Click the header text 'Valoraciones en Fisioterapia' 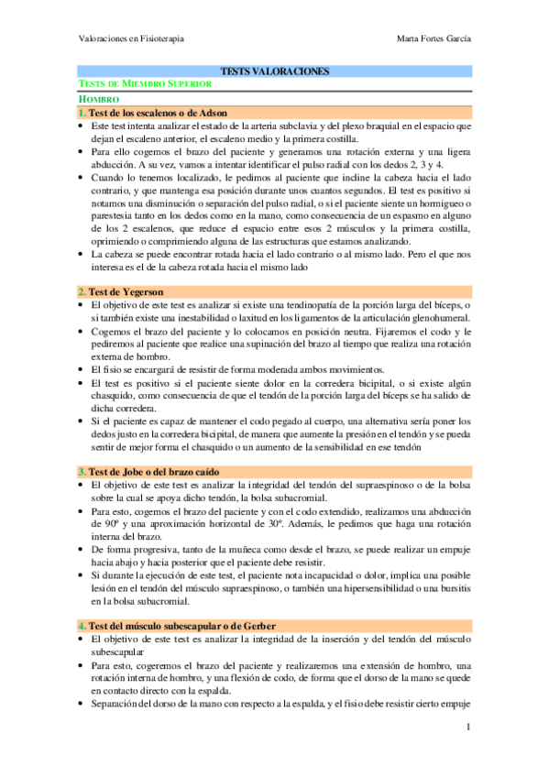click(130, 38)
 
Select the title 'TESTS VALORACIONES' click(274, 71)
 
